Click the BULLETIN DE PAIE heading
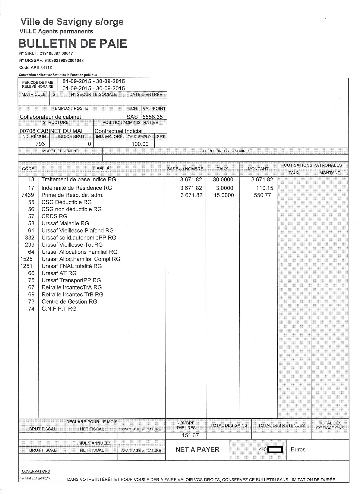coord(72,44)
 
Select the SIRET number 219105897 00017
coord(56,53)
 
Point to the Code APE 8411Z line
coord(33,67)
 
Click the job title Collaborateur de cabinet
coord(50,117)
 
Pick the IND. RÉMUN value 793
coord(40,144)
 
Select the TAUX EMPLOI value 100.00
coord(140,144)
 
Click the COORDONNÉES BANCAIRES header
coord(225,151)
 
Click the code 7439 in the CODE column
coord(28,195)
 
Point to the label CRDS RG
coord(54,216)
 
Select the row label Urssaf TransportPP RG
coord(71,280)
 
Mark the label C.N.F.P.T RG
coord(59,309)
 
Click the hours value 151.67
coord(190,435)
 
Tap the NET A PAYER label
coord(197,450)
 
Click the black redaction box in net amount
coord(275,450)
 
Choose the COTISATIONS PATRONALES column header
coord(313,165)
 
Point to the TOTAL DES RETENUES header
coord(281,425)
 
